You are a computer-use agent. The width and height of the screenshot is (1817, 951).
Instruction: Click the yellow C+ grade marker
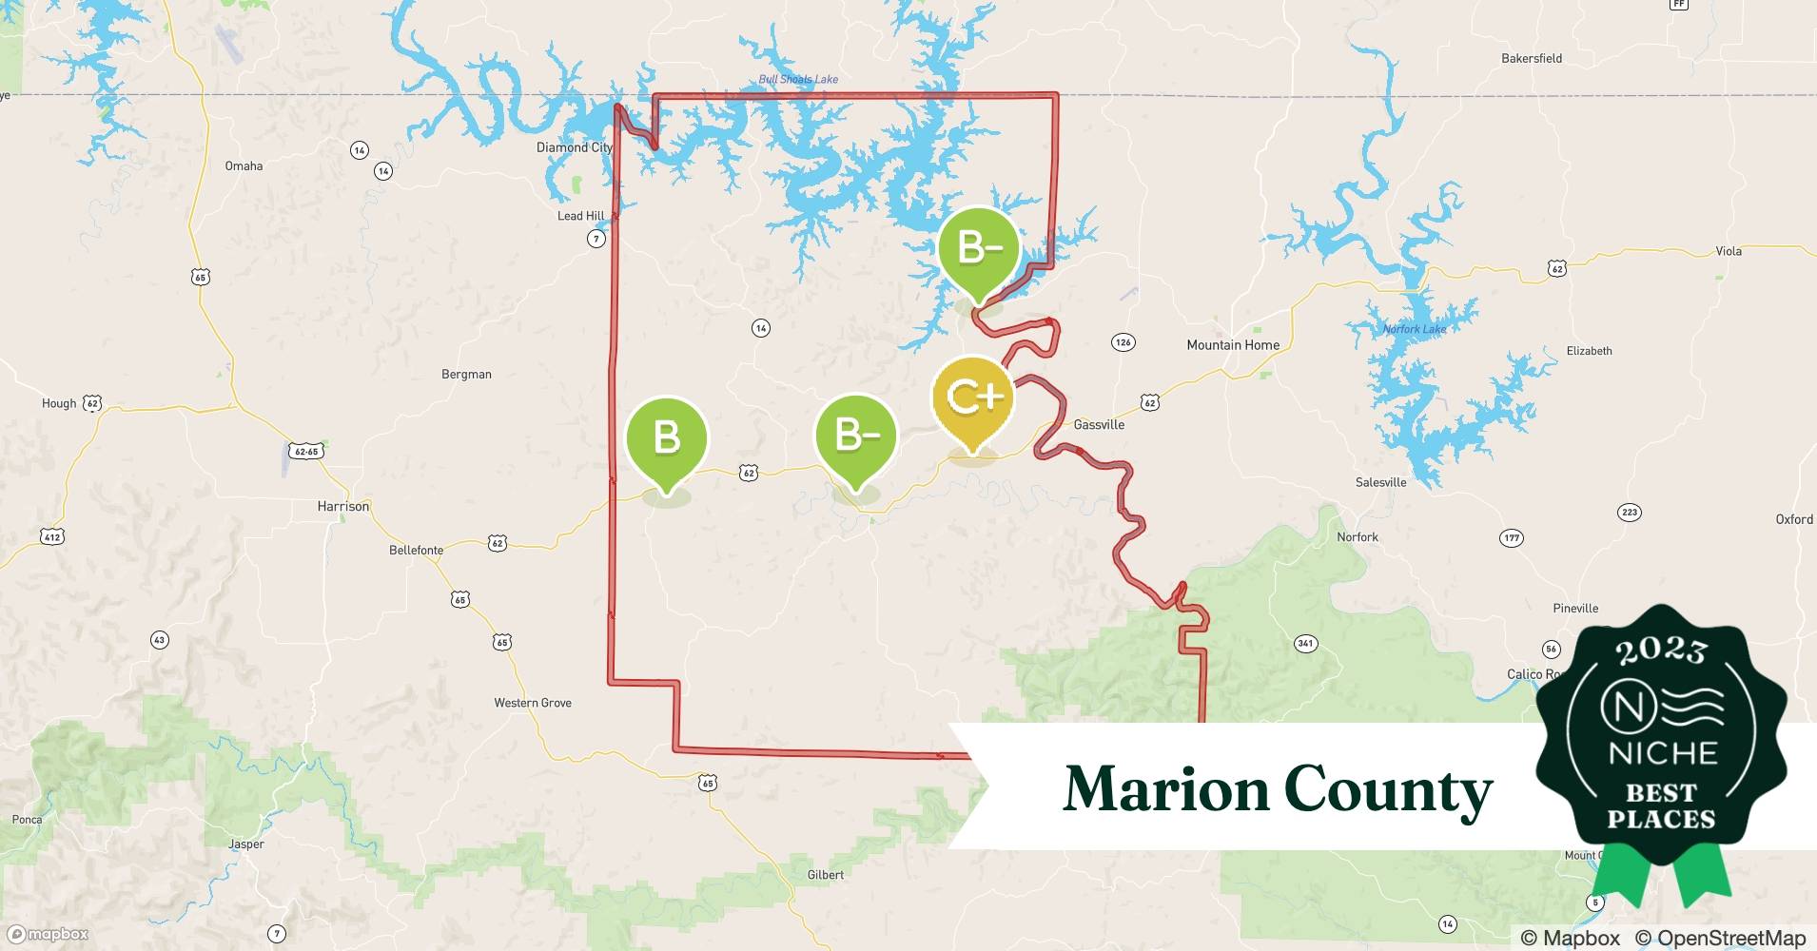972,398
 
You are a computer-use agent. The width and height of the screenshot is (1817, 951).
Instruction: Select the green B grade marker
666,437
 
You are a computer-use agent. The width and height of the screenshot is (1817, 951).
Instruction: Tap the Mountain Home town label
1232,345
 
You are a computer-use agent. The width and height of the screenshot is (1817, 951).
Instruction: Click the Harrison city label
342,507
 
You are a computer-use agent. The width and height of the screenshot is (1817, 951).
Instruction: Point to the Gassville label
1099,425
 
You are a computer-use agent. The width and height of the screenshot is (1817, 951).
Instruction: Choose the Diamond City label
574,147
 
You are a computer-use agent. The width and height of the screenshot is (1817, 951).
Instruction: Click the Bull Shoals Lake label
798,79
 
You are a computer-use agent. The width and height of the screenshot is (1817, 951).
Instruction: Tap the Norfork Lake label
1414,329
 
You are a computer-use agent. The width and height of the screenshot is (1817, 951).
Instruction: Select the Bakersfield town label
1531,58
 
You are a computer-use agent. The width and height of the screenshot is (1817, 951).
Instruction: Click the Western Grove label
532,703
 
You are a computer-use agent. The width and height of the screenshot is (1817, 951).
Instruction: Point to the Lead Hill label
580,216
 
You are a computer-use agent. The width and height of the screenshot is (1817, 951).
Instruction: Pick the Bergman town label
466,375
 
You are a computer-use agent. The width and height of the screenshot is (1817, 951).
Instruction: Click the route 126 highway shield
1123,342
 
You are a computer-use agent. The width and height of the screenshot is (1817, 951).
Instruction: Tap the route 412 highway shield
52,537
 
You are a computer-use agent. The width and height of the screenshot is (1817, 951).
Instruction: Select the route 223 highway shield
1629,513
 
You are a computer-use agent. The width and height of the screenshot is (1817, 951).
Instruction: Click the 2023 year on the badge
1661,650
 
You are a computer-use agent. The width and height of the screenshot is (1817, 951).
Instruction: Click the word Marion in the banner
1164,789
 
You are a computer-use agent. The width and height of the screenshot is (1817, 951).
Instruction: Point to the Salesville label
1380,482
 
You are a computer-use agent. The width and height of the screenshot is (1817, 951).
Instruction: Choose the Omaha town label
244,166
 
